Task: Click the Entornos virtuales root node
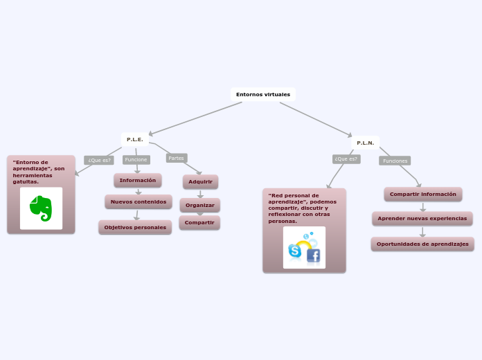(x=263, y=94)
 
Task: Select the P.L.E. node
(x=134, y=140)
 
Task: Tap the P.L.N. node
(x=365, y=143)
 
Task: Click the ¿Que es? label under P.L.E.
(x=99, y=160)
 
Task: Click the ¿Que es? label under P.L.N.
(x=346, y=159)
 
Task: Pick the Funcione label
(x=136, y=159)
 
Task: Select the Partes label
(x=177, y=158)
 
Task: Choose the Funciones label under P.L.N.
(x=395, y=161)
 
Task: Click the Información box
(x=138, y=180)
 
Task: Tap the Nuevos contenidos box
(x=139, y=201)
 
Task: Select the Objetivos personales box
(x=135, y=227)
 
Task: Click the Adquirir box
(x=201, y=181)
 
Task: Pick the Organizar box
(x=200, y=205)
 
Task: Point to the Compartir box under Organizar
(x=199, y=222)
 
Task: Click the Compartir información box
(x=422, y=194)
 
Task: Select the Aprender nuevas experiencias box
(x=422, y=218)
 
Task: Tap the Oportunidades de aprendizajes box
(x=422, y=244)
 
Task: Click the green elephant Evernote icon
(x=41, y=208)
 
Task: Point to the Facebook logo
(x=313, y=256)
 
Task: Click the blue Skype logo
(x=295, y=251)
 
